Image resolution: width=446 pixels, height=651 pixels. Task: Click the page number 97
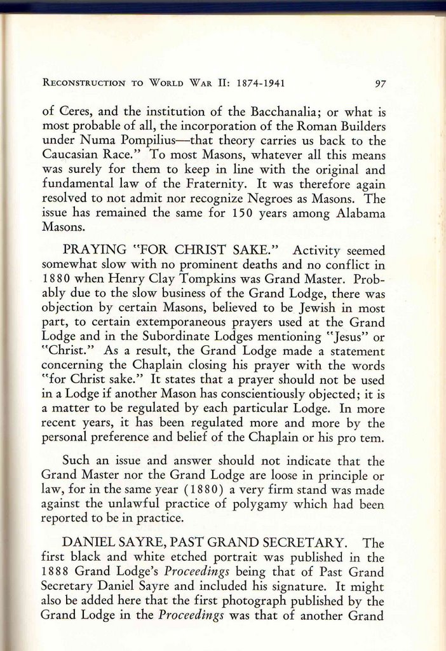point(381,83)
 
